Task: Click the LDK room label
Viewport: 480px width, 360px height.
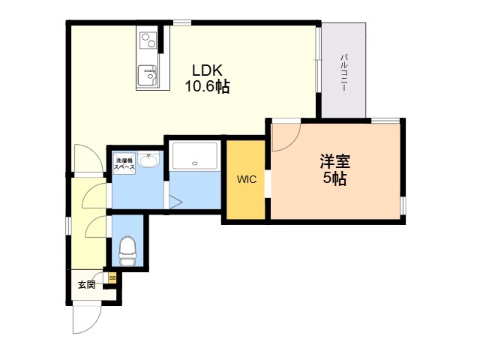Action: coord(207,70)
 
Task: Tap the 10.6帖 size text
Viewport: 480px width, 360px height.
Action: coord(207,86)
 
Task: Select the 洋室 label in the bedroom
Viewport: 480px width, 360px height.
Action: coord(335,161)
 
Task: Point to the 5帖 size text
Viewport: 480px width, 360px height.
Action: coord(335,178)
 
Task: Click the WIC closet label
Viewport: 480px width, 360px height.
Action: coord(247,179)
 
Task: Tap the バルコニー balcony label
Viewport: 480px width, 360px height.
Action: coord(344,73)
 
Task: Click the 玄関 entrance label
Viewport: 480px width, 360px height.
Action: coord(87,285)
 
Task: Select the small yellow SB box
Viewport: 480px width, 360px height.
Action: coord(112,278)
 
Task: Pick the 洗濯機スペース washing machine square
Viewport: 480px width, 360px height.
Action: coord(124,163)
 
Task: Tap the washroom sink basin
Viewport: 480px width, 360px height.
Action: coord(148,160)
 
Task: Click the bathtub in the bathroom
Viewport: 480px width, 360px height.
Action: coord(195,156)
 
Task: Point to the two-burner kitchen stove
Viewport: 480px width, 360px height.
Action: coord(148,40)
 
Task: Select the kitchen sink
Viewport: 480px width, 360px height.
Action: coord(147,76)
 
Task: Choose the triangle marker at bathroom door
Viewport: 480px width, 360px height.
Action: coord(175,202)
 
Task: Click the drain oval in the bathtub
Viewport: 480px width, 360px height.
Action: coord(195,163)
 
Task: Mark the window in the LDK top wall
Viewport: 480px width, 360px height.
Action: coord(182,22)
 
